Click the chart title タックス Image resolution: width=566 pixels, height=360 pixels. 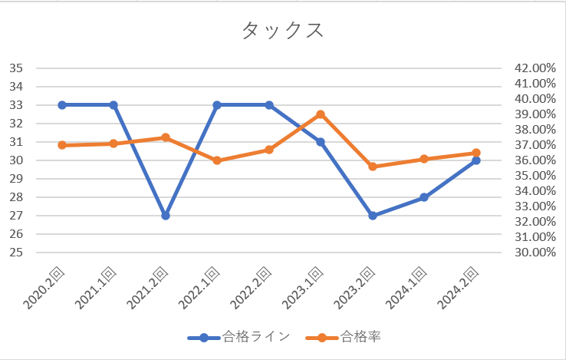pos(282,30)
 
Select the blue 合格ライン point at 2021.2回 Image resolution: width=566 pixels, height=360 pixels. pos(165,216)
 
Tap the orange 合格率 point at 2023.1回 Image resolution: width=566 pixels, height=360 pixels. pos(321,114)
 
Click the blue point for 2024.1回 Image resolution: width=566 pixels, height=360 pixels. pos(424,197)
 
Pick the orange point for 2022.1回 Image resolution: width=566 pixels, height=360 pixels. pos(217,160)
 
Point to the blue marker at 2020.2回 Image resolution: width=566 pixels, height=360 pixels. pos(61,105)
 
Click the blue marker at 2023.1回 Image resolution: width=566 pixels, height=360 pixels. pos(321,142)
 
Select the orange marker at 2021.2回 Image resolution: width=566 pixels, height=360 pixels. pos(165,137)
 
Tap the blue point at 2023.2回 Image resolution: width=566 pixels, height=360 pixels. pos(373,216)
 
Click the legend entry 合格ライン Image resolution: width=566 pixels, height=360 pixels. pos(239,337)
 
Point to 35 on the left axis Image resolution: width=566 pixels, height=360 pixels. pos(16,68)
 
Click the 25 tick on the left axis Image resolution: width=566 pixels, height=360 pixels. pos(16,253)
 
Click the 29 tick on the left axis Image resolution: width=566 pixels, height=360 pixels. pos(16,179)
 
